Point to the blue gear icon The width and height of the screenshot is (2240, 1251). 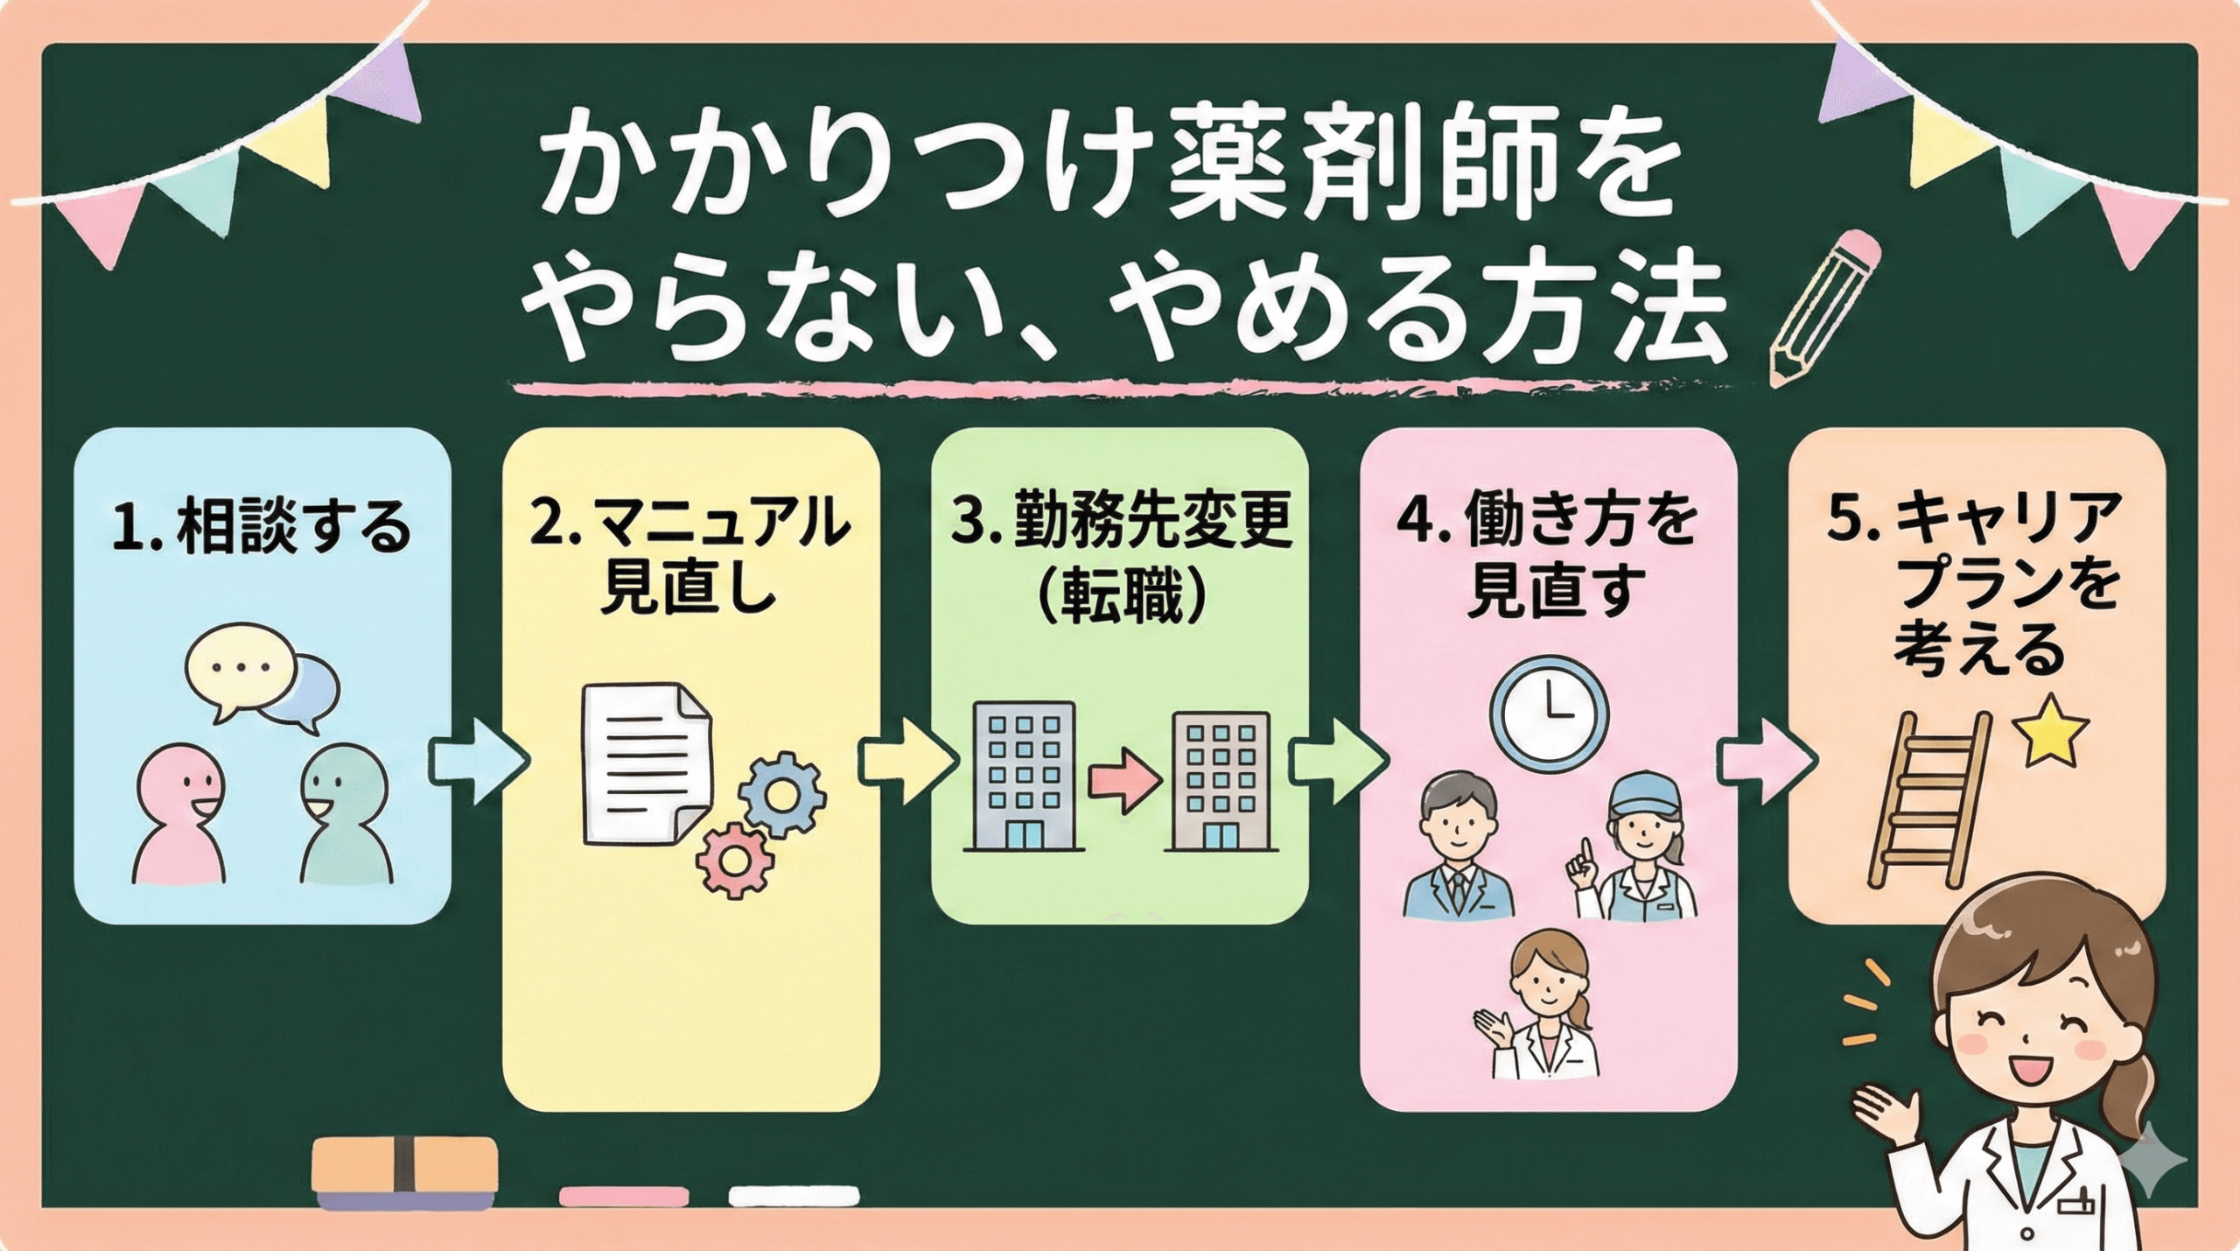point(781,794)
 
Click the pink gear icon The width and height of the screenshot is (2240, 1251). point(736,861)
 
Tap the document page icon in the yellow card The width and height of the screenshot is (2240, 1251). point(647,764)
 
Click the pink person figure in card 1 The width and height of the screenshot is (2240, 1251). point(180,815)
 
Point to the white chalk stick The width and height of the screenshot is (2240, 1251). point(794,1195)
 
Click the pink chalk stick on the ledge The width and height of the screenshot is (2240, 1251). point(623,1195)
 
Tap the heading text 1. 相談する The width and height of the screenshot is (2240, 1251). point(262,527)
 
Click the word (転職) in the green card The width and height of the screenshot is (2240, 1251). point(1121,598)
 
